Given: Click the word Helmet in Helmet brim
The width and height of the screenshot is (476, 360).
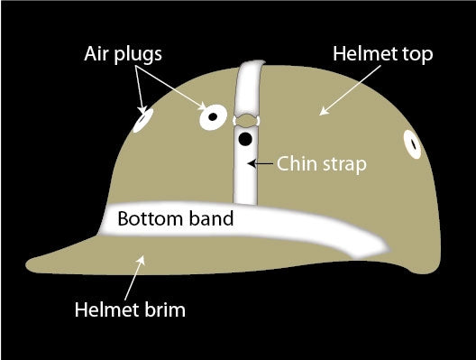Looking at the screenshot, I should (x=106, y=312).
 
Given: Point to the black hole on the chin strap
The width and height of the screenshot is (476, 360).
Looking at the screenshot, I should (x=245, y=139).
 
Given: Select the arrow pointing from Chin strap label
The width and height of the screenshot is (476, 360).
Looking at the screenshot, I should (x=262, y=164).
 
